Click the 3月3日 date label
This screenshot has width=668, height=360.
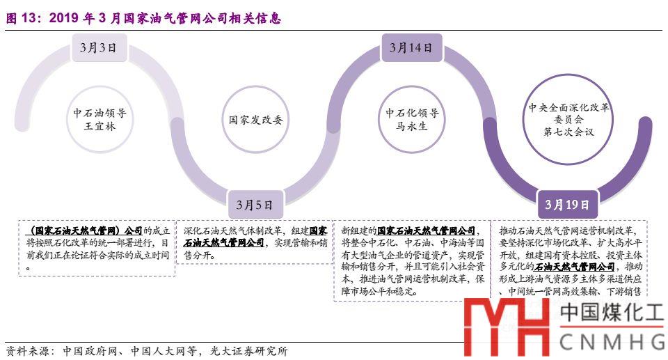coord(98,48)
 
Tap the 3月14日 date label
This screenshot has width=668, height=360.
coord(411,48)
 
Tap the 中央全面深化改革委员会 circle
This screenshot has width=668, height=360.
coord(568,120)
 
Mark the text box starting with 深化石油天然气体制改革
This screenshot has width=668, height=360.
coord(255,243)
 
